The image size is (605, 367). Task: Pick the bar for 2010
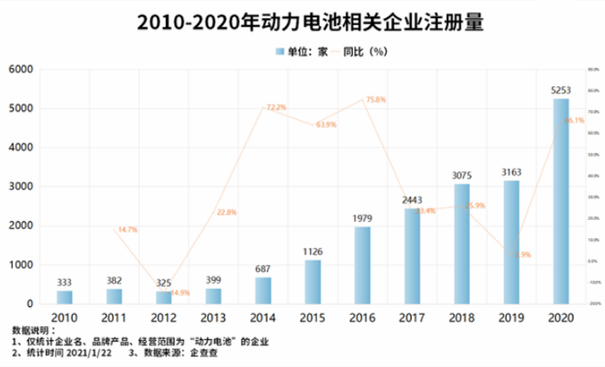tap(64, 297)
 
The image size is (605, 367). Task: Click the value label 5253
tap(561, 90)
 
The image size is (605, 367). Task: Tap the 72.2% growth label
tap(276, 107)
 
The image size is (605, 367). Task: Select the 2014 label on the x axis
tap(263, 318)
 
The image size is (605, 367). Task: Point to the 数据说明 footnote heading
tap(33, 332)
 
